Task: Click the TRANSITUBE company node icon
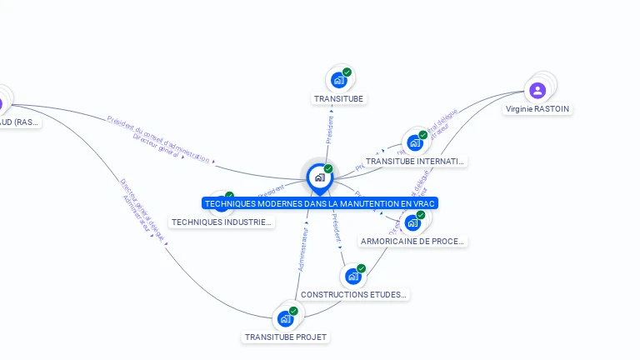point(338,80)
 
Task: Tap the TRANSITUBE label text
point(339,98)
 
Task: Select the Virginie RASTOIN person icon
point(537,90)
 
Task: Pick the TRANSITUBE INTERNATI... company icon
point(414,142)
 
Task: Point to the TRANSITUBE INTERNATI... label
point(415,161)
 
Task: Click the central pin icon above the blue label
point(319,177)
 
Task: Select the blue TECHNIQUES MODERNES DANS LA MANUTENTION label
point(320,203)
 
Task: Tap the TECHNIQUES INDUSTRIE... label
point(222,222)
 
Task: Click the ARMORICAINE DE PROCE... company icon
point(412,222)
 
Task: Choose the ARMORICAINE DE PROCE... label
point(412,241)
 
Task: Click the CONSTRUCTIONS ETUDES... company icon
point(353,276)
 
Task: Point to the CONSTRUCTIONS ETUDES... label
point(354,294)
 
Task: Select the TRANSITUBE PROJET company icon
point(286,318)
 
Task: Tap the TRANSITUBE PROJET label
point(286,337)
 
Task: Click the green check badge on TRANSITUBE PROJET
point(293,311)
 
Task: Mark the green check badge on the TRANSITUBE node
point(347,72)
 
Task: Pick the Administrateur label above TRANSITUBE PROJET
point(303,250)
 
